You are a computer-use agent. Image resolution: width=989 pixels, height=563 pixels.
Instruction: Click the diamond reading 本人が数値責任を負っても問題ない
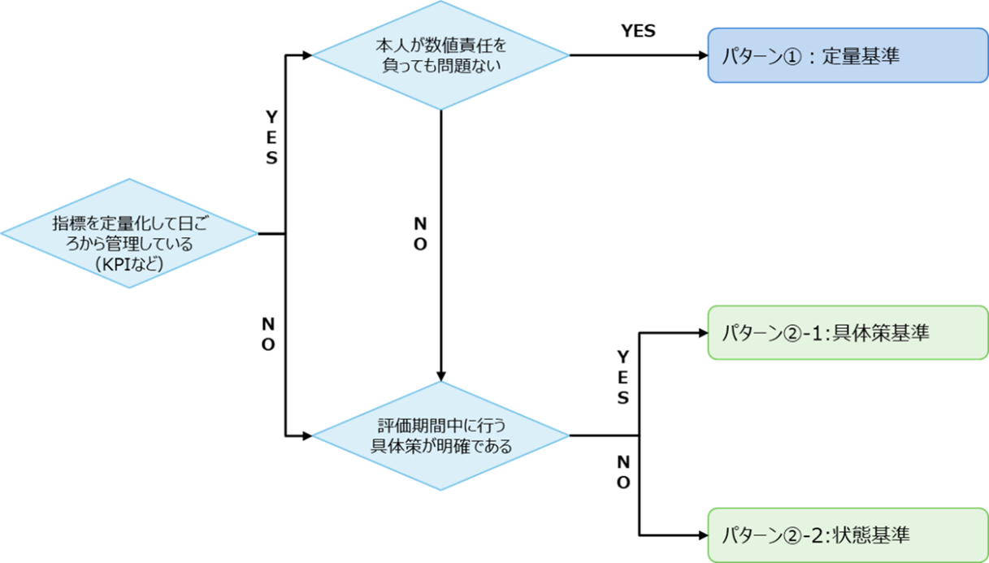point(440,56)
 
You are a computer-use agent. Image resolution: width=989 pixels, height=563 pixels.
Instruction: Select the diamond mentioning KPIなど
point(128,234)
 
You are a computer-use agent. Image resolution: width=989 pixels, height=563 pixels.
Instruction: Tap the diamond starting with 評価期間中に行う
point(440,435)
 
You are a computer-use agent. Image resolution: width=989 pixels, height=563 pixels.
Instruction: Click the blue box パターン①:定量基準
point(847,56)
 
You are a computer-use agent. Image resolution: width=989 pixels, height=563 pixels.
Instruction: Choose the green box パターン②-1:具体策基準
point(847,332)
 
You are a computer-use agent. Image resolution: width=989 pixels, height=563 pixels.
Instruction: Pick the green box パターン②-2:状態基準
point(847,535)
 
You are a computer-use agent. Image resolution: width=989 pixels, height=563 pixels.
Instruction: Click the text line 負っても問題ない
point(440,65)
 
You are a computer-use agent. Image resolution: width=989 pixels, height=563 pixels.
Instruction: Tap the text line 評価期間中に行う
point(440,427)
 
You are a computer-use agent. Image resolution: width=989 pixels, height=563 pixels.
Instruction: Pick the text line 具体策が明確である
point(440,445)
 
